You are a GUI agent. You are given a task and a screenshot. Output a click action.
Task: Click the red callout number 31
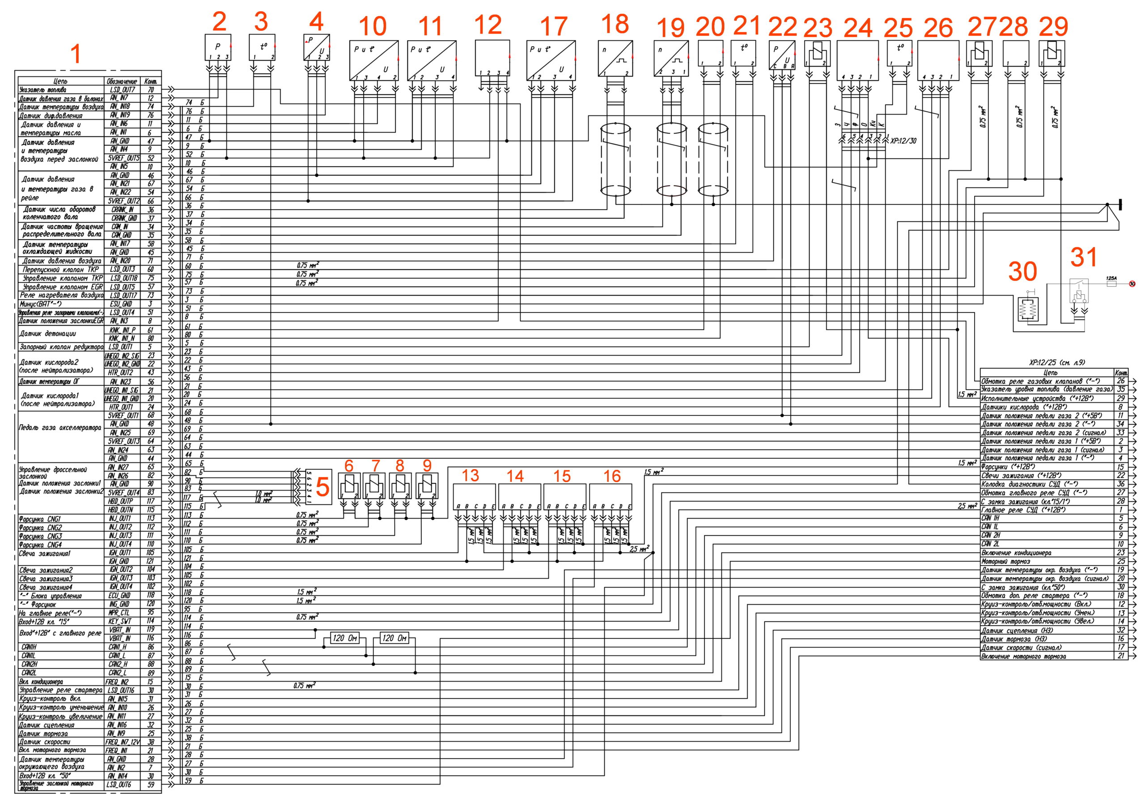coord(1084,257)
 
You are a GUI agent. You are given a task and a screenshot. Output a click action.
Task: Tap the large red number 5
coord(322,487)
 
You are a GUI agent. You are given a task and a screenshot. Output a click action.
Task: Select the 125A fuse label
coord(1111,279)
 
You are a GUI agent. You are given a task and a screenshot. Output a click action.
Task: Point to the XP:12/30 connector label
coord(903,141)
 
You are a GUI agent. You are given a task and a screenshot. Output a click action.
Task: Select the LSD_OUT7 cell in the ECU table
coord(122,90)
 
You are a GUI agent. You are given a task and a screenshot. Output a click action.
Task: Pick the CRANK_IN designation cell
coord(122,210)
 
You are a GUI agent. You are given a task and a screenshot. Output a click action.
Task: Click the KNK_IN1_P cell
coord(122,330)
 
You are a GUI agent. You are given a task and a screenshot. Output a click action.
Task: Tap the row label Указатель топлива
coord(43,90)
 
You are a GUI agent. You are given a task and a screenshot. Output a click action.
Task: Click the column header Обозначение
coord(122,81)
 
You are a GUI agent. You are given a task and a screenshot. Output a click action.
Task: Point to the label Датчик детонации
coord(47,334)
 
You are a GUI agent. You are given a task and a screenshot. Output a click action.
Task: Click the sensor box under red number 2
coord(218,48)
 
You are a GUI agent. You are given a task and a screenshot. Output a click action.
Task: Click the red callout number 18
coord(615,24)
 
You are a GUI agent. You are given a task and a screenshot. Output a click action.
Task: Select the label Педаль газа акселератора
coord(60,427)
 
